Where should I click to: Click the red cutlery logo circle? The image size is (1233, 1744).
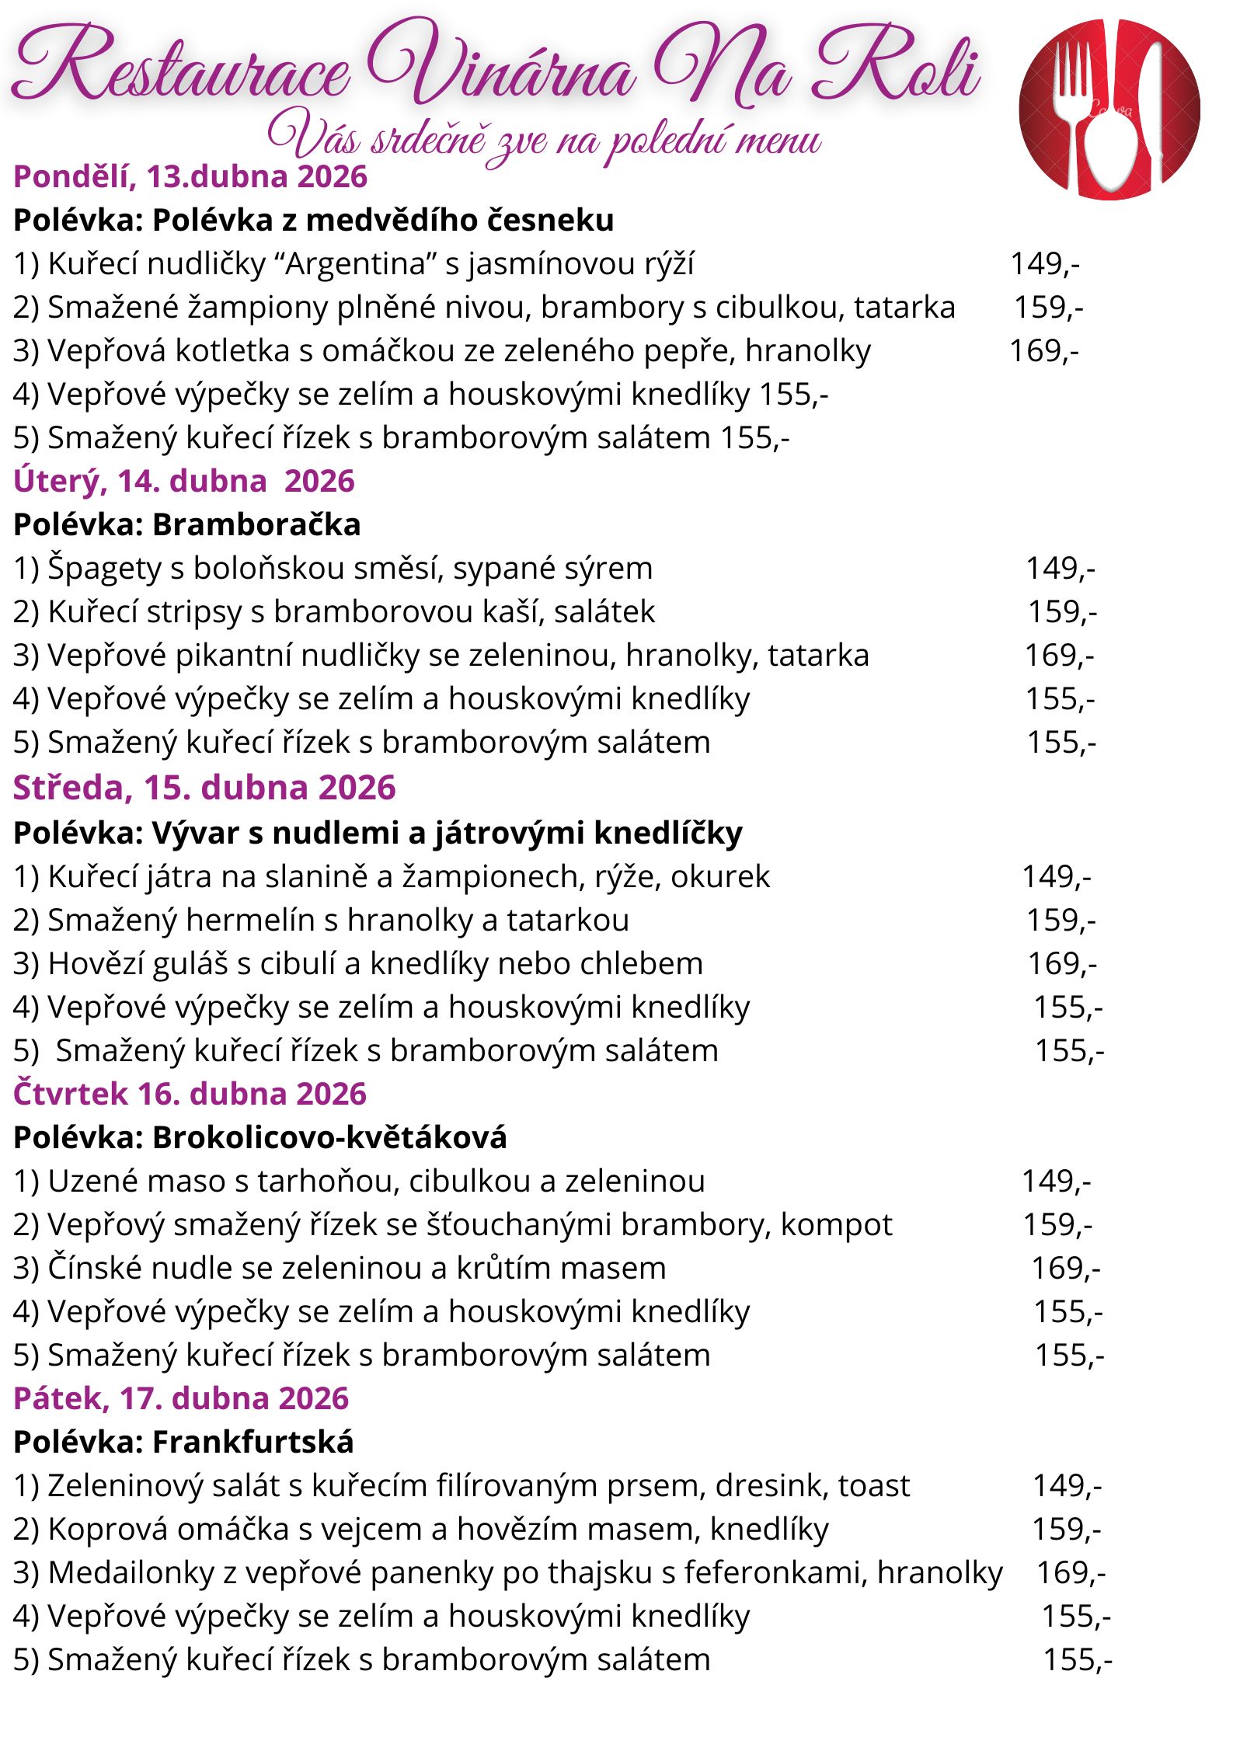tap(1109, 110)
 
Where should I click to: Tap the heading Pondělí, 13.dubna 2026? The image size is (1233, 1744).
tap(190, 177)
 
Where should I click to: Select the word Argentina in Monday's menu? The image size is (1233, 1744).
tap(357, 264)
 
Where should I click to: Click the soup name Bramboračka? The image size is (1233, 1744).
tap(256, 525)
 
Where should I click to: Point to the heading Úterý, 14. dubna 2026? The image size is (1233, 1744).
tap(184, 482)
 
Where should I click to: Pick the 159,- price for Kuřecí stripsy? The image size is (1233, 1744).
tap(1062, 612)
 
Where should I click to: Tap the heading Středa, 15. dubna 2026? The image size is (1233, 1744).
tap(204, 788)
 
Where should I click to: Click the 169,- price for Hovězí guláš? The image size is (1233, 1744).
tap(1062, 964)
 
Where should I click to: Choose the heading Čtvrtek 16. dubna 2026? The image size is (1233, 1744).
tap(190, 1094)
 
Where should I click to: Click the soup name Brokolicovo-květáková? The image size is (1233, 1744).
tap(329, 1138)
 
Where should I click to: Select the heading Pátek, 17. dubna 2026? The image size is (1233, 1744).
tap(181, 1398)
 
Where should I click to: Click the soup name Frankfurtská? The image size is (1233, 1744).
tap(253, 1443)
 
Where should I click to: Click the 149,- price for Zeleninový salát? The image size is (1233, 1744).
tap(1067, 1486)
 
